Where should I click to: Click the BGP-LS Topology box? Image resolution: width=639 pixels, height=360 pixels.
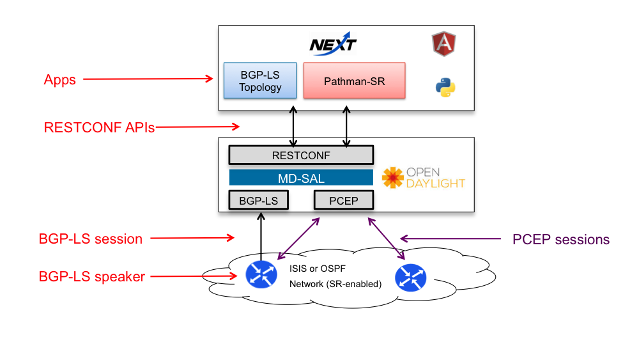pyautogui.click(x=260, y=81)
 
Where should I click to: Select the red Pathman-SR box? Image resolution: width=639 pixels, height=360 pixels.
pyautogui.click(x=354, y=81)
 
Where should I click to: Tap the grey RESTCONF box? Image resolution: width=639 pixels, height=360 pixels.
pyautogui.click(x=301, y=155)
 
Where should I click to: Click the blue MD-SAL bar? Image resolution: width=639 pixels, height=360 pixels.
pyautogui.click(x=301, y=178)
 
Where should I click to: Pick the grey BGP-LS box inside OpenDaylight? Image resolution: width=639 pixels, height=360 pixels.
pyautogui.click(x=258, y=200)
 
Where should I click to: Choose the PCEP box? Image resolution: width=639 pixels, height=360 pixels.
pyautogui.click(x=344, y=200)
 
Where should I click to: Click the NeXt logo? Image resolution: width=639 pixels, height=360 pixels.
pyautogui.click(x=333, y=43)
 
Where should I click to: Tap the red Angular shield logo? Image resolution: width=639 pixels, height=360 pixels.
pyautogui.click(x=444, y=43)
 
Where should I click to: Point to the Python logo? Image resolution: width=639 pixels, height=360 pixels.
pyautogui.click(x=445, y=88)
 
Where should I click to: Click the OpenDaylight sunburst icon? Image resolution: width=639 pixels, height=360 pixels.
pyautogui.click(x=392, y=178)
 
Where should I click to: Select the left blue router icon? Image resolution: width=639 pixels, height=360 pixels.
pyautogui.click(x=261, y=274)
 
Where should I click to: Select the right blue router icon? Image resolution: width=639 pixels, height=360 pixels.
pyautogui.click(x=411, y=278)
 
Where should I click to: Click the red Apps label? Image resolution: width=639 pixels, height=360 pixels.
pyautogui.click(x=60, y=80)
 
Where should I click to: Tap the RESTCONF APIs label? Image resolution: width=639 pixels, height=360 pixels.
pyautogui.click(x=99, y=128)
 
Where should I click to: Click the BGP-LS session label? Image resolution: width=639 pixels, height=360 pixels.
pyautogui.click(x=91, y=239)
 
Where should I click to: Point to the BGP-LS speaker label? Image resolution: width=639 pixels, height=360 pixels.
pyautogui.click(x=91, y=276)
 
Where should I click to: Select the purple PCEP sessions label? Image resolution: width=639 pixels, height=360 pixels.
pyautogui.click(x=561, y=239)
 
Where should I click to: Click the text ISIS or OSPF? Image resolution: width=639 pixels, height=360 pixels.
pyautogui.click(x=318, y=269)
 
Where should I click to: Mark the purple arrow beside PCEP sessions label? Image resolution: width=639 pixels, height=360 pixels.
pyautogui.click(x=450, y=239)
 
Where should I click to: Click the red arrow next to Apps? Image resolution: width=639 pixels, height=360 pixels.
pyautogui.click(x=148, y=79)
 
